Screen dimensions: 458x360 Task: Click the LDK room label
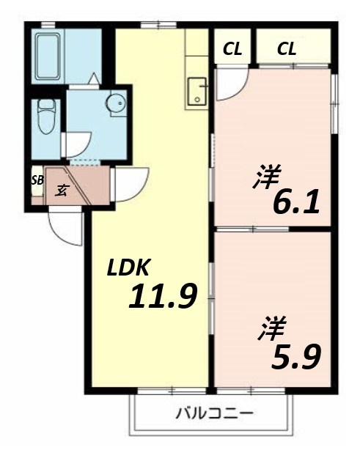130,268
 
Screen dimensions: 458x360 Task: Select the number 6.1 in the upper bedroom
295,201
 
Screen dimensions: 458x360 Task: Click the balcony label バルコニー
215,413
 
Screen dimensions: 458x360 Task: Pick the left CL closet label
232,50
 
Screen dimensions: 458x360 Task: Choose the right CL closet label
287,50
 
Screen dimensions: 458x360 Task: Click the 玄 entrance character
62,191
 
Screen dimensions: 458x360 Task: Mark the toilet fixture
47,117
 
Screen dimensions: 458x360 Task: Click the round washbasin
116,104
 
